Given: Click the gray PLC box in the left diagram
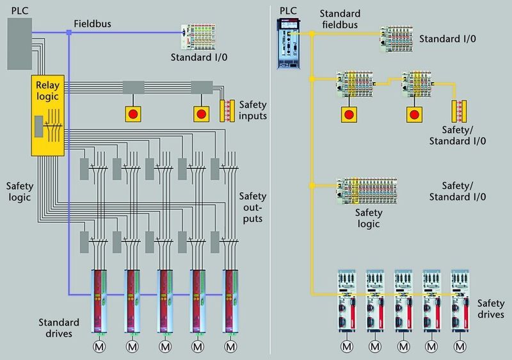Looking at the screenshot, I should coord(20,44).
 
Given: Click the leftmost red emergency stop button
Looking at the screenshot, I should coord(134,114).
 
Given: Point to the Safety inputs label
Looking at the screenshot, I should coord(253,110).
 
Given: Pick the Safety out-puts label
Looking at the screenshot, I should coord(253,207).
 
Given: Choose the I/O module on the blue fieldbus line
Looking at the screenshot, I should coord(204,37).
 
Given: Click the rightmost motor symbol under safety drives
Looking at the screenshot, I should coord(460,346).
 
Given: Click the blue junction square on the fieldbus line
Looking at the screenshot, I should coord(68,33).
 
